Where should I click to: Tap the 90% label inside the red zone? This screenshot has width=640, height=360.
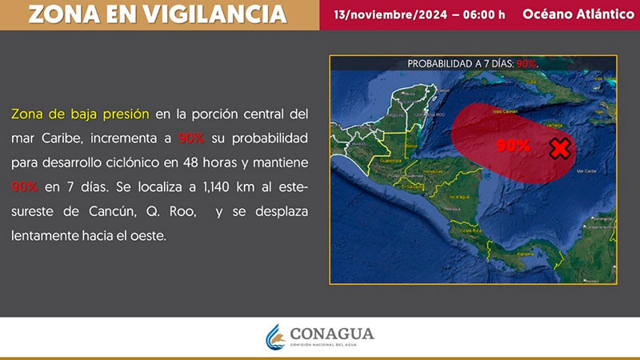click(x=513, y=146)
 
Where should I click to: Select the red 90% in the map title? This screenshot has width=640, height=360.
click(x=526, y=63)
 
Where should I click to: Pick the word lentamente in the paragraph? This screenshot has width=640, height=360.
click(x=44, y=236)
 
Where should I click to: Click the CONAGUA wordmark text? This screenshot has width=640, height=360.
click(x=332, y=334)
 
